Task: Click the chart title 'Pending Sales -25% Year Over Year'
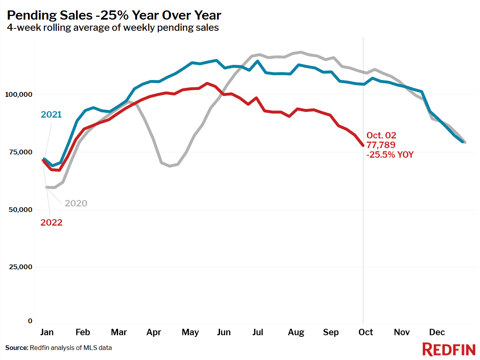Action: tap(114, 15)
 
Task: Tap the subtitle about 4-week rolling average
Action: tap(113, 28)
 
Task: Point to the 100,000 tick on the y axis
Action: tap(18, 94)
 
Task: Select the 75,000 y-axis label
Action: tap(20, 152)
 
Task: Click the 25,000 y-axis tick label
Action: tap(20, 267)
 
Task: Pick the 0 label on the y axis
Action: tap(30, 321)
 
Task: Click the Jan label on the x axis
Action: tap(47, 332)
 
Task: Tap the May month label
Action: tap(190, 332)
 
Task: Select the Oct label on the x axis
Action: tap(366, 332)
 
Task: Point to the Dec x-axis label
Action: tap(437, 332)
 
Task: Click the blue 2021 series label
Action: tap(51, 114)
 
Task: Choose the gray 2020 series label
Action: tap(76, 203)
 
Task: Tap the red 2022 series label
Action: tap(51, 222)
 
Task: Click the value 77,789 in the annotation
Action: tap(381, 145)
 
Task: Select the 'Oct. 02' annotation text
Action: tap(381, 135)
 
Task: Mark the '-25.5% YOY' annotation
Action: tap(390, 154)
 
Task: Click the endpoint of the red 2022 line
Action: tap(363, 145)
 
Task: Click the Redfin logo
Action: tap(449, 349)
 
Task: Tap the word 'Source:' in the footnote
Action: tap(17, 348)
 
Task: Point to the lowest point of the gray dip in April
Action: tap(170, 166)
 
